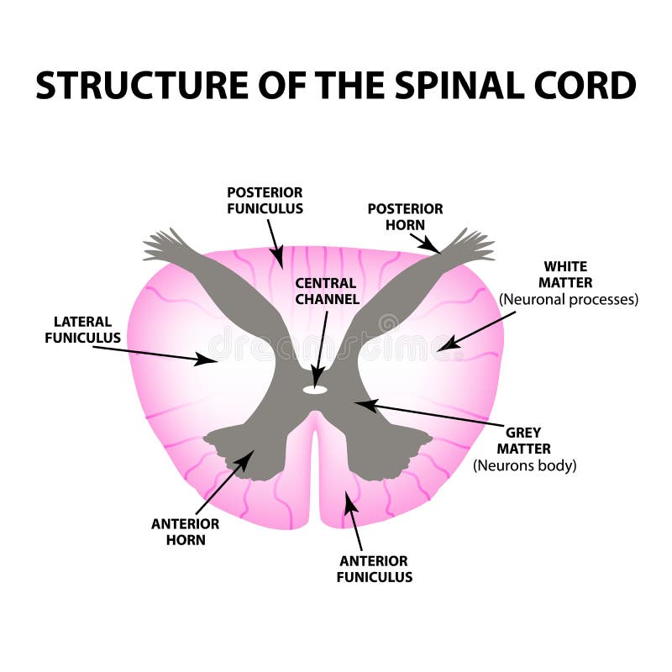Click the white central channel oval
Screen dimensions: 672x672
tap(315, 389)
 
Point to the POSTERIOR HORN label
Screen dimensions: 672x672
tap(405, 217)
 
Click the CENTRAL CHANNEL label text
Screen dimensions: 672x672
tap(326, 291)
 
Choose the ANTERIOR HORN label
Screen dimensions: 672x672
tap(185, 532)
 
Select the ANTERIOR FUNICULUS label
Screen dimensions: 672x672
tap(375, 569)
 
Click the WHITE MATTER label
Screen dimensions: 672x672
tap(568, 275)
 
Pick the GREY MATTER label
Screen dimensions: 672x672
tap(528, 442)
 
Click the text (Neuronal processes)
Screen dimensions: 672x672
tap(569, 298)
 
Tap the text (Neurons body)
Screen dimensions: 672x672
tap(525, 465)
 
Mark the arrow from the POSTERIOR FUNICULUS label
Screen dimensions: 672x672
tap(274, 239)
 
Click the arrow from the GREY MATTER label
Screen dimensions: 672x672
tap(428, 414)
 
